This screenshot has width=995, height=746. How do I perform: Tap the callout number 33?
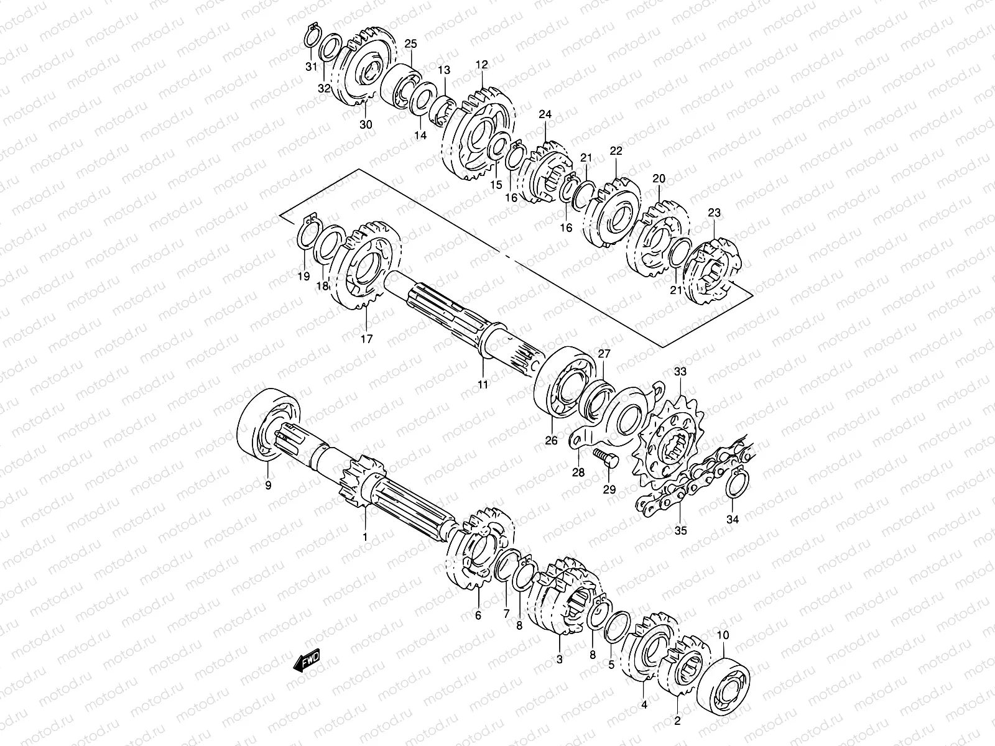coord(680,372)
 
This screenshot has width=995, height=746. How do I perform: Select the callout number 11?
coord(483,385)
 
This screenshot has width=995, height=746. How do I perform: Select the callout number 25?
coord(410,44)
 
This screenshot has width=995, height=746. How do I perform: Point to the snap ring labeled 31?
coord(312,36)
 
